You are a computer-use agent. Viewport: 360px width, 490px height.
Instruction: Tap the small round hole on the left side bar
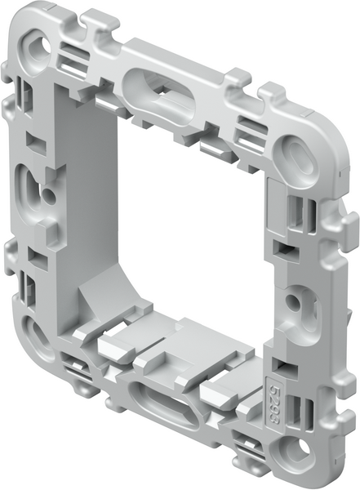pos(50,195)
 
